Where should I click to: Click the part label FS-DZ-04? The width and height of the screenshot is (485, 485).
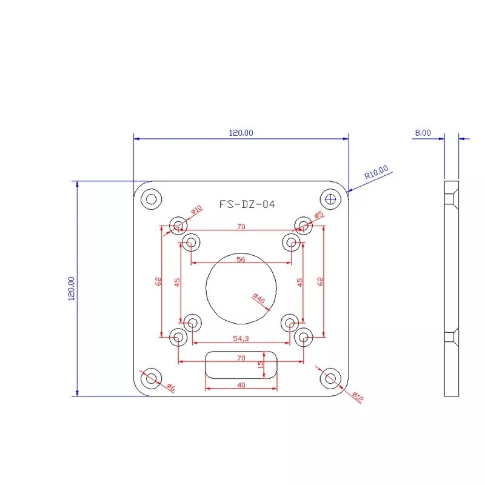(247, 205)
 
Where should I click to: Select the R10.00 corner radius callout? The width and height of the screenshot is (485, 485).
(376, 173)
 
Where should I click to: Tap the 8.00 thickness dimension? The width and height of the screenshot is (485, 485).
(423, 132)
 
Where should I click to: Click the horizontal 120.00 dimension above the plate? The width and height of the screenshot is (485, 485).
(241, 132)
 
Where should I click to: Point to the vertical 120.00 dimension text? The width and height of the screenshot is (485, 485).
(71, 289)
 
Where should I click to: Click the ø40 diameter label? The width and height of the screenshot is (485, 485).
(259, 299)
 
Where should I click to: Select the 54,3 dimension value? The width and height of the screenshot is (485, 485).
(241, 338)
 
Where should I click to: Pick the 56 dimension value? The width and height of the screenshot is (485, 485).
(241, 259)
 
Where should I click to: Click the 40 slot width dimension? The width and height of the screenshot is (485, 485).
(241, 385)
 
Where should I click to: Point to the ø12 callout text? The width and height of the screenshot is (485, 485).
(358, 398)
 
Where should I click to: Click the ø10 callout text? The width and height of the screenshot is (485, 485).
(196, 210)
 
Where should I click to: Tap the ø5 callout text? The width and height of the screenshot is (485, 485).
(319, 215)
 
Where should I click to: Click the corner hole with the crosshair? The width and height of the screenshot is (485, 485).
(330, 198)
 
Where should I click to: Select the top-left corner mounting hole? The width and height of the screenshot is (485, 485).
(151, 198)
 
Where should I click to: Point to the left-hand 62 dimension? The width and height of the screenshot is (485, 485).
(158, 281)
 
